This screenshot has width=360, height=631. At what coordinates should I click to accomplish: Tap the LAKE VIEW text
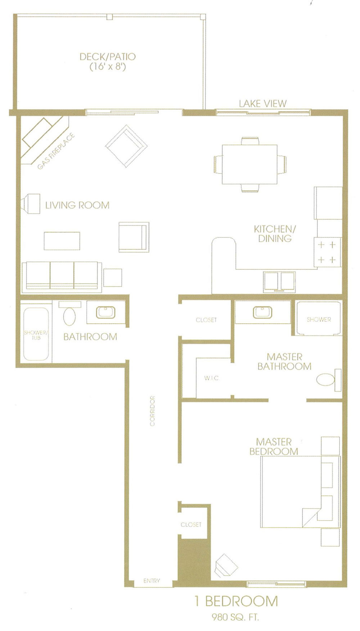263,104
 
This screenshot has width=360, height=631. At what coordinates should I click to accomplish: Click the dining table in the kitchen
249,164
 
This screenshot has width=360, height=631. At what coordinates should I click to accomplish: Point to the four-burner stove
327,252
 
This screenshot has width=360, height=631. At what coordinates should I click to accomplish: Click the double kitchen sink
279,281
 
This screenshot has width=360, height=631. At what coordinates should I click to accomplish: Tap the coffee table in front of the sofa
62,241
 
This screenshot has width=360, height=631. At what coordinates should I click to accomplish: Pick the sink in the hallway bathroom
105,312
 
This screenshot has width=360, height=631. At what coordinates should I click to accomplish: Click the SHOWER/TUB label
35,335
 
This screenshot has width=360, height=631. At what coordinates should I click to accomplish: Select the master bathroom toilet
328,380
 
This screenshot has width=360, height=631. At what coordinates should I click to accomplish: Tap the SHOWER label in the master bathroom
319,319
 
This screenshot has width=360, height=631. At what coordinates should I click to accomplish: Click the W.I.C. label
211,378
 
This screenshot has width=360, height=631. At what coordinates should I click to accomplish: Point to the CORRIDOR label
152,411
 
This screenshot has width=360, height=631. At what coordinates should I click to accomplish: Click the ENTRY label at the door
152,581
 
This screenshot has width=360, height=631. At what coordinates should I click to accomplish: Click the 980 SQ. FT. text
235,617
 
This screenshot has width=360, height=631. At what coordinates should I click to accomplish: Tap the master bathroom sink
262,312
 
